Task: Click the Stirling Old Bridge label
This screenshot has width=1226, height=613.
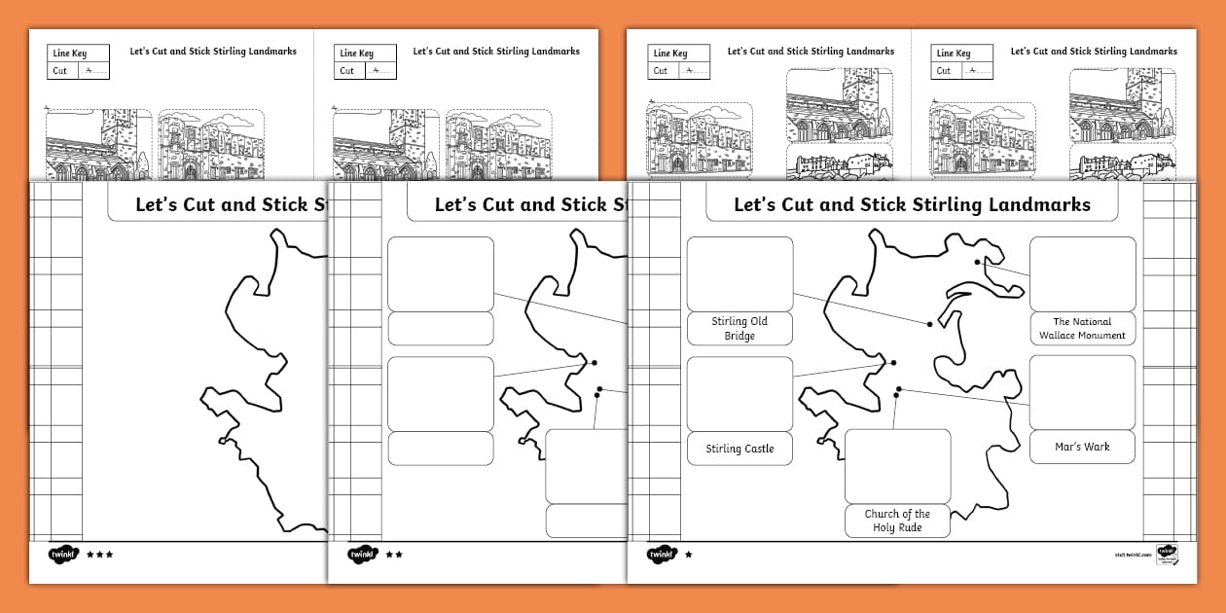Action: [739, 329]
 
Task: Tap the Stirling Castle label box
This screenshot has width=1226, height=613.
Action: [739, 449]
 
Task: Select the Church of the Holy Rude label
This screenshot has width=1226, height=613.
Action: [897, 521]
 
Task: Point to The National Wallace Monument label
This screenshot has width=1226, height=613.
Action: [1082, 329]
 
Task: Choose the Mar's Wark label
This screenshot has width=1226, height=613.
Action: [1082, 447]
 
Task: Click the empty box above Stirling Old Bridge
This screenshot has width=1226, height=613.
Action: [739, 274]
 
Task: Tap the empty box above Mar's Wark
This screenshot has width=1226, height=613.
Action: [1082, 392]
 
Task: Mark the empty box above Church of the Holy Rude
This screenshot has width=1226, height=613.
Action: [897, 466]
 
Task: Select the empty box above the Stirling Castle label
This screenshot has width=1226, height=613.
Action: [739, 394]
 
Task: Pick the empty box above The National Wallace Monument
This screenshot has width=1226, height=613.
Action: [1082, 274]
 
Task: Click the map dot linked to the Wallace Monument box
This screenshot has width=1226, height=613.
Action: [978, 262]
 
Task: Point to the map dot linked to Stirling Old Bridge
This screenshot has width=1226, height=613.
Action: [930, 324]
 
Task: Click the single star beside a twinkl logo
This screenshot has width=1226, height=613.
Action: [689, 555]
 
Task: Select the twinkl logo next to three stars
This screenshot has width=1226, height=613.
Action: [62, 555]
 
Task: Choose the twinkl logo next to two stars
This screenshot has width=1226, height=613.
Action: [362, 555]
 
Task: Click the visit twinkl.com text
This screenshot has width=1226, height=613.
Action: [1133, 555]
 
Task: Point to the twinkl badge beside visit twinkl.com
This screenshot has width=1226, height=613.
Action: [1167, 554]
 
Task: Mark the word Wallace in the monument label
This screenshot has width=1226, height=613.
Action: [1061, 336]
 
